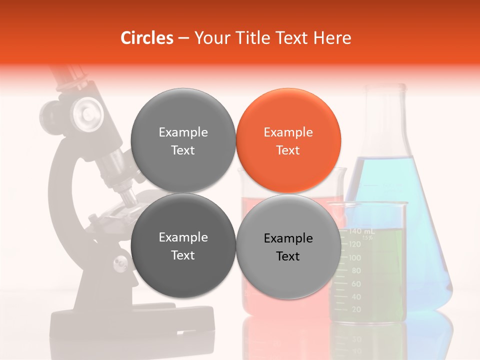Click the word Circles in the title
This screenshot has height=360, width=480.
[146, 38]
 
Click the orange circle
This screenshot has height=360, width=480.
[288, 140]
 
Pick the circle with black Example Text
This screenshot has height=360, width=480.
[288, 246]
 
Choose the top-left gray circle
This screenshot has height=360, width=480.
[183, 140]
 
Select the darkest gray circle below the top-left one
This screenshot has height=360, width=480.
[183, 246]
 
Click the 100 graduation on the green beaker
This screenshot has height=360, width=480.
[354, 258]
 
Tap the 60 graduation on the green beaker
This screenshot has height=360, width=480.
[356, 284]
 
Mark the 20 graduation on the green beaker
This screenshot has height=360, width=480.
[356, 310]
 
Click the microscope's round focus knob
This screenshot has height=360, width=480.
[86, 112]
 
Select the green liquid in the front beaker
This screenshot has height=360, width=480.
[382, 275]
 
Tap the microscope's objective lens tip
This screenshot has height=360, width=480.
[129, 198]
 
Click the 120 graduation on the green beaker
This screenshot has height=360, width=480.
[354, 244]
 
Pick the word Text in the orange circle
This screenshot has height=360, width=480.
[288, 150]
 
